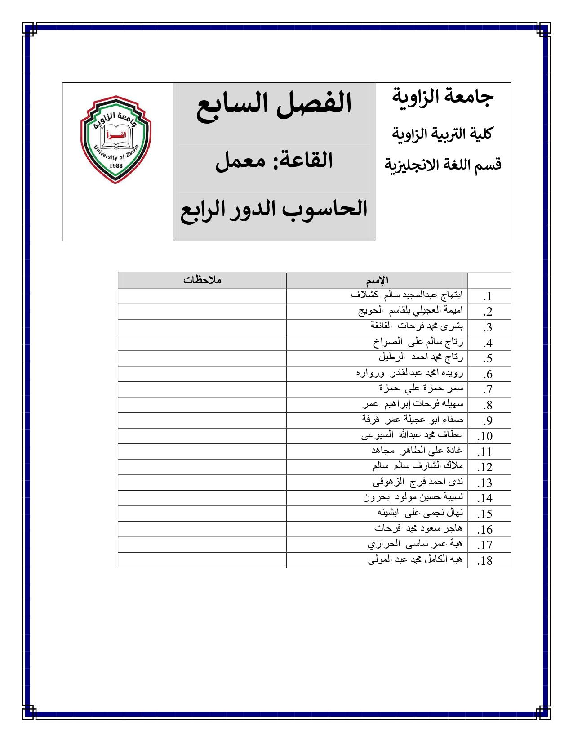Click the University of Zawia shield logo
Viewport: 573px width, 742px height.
tap(115, 139)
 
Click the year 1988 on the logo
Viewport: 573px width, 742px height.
tap(116, 165)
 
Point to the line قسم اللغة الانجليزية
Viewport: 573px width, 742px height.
tap(443, 165)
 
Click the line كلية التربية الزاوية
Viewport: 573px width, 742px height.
tap(443, 133)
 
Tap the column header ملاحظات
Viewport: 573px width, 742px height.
tap(202, 280)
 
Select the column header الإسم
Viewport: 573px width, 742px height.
tap(377, 281)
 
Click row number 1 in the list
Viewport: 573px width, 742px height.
tap(488, 296)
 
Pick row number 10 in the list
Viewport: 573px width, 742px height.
tap(485, 436)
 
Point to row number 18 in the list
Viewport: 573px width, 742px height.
tap(485, 561)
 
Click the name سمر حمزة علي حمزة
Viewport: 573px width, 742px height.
tap(421, 388)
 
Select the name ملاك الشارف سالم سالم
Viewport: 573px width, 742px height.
tap(418, 466)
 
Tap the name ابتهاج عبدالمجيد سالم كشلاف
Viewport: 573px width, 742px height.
tap(406, 295)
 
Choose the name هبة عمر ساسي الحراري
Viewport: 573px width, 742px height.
tap(415, 544)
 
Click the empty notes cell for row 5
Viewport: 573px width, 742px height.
tap(202, 358)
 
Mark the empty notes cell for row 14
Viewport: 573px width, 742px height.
tap(202, 498)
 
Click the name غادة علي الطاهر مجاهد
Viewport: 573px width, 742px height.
tap(417, 450)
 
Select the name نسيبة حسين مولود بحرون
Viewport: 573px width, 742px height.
tap(413, 497)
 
